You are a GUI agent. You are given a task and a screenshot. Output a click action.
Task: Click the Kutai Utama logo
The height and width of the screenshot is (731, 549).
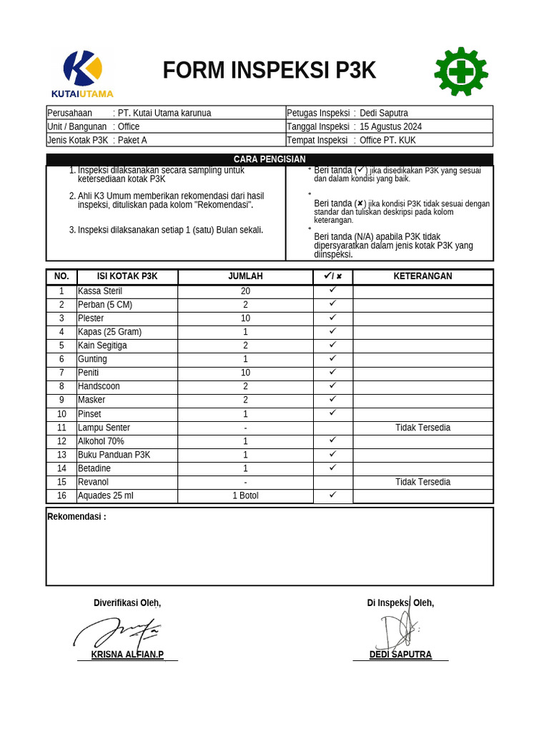tap(82, 73)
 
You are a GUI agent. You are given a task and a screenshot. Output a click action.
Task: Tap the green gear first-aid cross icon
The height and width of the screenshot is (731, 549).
tap(461, 71)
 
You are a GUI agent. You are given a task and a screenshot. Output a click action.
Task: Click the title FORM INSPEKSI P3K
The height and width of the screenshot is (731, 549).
tap(269, 71)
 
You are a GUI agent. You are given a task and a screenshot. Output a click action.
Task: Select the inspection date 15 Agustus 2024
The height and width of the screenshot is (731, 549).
tap(390, 126)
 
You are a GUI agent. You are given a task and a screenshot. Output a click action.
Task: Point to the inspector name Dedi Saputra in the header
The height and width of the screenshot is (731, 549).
tap(384, 113)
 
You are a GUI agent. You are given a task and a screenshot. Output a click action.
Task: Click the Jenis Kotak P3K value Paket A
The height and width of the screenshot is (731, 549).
tap(132, 140)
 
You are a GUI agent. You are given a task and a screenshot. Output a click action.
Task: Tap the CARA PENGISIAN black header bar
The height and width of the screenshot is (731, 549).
tap(269, 159)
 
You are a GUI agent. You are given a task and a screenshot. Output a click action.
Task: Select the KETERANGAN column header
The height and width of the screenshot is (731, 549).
tap(422, 276)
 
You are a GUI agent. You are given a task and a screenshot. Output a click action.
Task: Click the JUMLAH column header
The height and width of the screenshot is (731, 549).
tap(245, 276)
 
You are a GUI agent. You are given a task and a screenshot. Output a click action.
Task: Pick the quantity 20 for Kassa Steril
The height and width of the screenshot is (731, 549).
tap(245, 291)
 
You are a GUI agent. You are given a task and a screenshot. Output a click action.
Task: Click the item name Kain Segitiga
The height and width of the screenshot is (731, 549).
tap(102, 346)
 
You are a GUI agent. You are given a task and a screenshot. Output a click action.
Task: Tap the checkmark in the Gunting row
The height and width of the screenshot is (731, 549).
tap(332, 358)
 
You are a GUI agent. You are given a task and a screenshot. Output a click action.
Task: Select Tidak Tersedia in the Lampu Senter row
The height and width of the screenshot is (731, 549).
tap(422, 428)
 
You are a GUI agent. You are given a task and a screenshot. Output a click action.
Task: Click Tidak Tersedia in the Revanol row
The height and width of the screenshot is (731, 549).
tap(422, 482)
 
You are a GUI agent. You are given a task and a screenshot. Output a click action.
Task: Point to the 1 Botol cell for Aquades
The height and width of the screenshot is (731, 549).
tap(245, 495)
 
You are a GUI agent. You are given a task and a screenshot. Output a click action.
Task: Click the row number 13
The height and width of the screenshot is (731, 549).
tap(61, 455)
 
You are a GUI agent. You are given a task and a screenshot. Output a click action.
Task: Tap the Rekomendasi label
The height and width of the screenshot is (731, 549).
tap(76, 517)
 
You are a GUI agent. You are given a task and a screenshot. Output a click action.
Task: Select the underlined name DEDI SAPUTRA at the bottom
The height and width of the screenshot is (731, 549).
tap(400, 655)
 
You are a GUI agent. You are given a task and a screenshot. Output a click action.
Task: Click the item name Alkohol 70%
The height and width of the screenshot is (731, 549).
tap(101, 441)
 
